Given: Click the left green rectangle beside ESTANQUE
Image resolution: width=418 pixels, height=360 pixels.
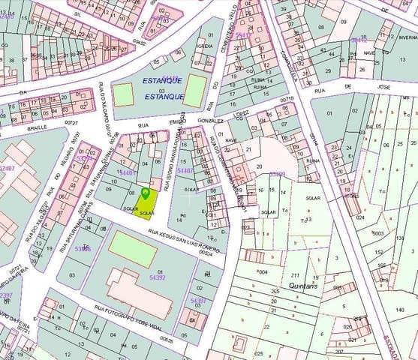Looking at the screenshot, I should coord(123,94).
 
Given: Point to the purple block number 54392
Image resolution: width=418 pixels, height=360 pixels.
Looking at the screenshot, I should coord(158,277).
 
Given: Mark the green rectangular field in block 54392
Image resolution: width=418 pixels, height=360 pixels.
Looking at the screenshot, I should coord(133,247).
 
